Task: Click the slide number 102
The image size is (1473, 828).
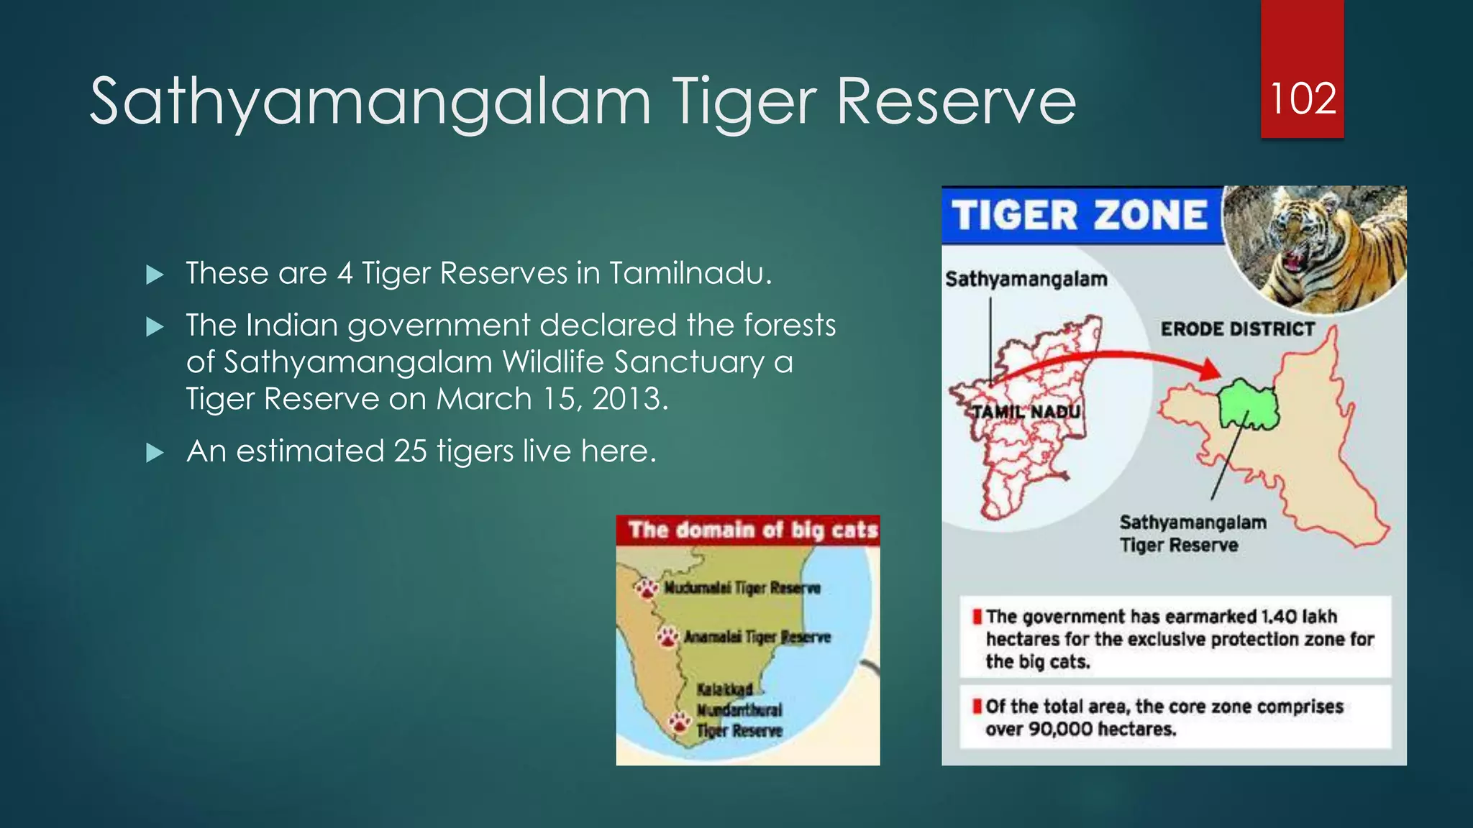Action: [1303, 98]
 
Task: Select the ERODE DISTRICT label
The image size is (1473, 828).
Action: [1237, 329]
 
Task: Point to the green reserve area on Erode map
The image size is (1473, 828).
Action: [1248, 404]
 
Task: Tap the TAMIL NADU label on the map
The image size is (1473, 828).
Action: [1026, 412]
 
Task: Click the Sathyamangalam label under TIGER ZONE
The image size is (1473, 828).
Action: [1026, 279]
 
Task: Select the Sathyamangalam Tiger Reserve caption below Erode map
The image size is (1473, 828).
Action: [1192, 533]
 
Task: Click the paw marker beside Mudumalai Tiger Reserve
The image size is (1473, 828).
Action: [647, 589]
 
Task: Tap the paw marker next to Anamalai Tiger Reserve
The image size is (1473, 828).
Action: [668, 637]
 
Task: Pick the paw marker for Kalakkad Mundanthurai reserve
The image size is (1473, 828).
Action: [679, 722]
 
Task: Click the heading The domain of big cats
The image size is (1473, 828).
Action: [752, 530]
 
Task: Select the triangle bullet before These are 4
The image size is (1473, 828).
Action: [155, 275]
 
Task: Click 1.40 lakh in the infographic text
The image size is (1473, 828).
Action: [1299, 617]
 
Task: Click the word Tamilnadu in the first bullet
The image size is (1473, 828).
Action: [689, 273]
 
